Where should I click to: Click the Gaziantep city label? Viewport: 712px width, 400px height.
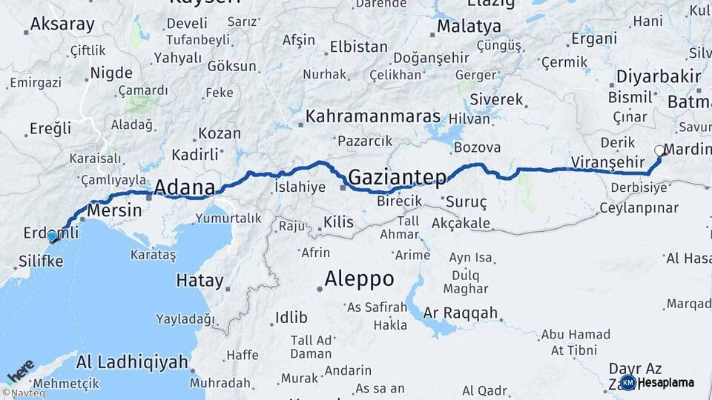click(x=398, y=178)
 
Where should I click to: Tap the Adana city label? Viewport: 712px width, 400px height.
click(x=185, y=187)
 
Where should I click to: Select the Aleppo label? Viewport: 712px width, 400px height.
click(x=359, y=279)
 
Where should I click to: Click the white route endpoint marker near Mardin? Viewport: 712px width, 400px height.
click(x=659, y=150)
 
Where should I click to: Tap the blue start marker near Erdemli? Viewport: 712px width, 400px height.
click(x=52, y=236)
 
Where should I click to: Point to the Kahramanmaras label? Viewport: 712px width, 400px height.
click(x=373, y=117)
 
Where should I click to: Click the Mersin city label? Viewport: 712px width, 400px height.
click(x=114, y=210)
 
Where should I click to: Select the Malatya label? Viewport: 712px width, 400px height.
click(x=469, y=27)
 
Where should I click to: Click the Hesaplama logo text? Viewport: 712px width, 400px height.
click(x=667, y=383)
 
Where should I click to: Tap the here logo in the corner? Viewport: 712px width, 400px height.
click(x=20, y=370)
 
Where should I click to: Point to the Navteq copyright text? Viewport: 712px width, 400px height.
click(x=20, y=393)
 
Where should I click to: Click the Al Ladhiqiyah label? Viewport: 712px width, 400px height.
click(x=132, y=362)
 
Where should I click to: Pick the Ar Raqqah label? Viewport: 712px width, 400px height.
click(x=461, y=313)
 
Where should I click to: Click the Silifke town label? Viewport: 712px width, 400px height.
click(x=40, y=262)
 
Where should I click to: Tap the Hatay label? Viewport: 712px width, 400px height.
click(x=200, y=281)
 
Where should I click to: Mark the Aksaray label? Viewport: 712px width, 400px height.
click(x=62, y=24)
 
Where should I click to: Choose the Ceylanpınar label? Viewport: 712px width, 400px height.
click(x=639, y=207)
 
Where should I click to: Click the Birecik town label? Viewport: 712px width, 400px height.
click(x=399, y=201)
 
